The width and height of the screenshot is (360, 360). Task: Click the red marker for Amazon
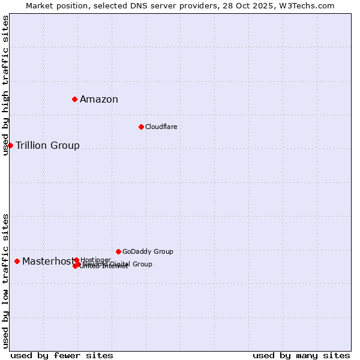pos(74,99)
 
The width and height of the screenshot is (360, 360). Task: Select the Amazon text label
pos(99,100)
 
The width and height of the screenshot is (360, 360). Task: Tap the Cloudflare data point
pos(141,127)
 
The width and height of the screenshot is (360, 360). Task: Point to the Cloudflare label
pos(161,127)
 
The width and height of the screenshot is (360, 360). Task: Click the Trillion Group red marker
pos(10,145)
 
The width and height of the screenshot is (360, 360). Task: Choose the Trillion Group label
pos(47,146)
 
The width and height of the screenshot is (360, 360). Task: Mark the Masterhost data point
pos(17,261)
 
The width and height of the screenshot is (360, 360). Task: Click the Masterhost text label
pos(48,261)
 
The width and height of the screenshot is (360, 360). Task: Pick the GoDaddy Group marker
pos(118,251)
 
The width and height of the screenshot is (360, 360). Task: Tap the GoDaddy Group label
pos(148,251)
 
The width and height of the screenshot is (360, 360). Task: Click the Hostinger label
pos(95,260)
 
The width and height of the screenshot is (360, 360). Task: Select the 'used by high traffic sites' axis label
pos(6,85)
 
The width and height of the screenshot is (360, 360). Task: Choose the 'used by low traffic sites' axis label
pos(6,281)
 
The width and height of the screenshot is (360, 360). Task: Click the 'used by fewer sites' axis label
pos(62,355)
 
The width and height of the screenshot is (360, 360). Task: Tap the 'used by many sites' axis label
pos(301,355)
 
